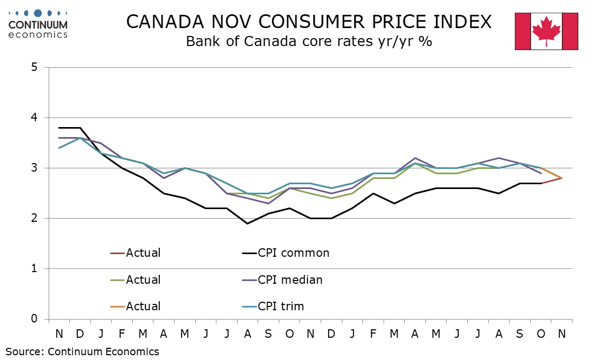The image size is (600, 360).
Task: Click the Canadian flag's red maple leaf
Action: coord(546,30)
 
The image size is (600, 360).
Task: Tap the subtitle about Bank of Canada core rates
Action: coord(309,41)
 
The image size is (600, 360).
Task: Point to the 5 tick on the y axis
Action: coord(34,67)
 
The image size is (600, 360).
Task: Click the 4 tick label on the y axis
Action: coord(34,118)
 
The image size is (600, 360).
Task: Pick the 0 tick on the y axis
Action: coord(34,319)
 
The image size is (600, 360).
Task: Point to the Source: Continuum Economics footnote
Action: coord(82,351)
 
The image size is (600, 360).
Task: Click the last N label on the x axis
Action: coord(562,334)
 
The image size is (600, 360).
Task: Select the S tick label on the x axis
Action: coord(268,334)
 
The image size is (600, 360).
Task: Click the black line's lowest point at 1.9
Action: coord(247,223)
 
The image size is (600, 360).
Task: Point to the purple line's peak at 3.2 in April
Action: coord(415,158)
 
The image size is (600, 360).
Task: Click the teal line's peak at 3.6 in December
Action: coord(79,138)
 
